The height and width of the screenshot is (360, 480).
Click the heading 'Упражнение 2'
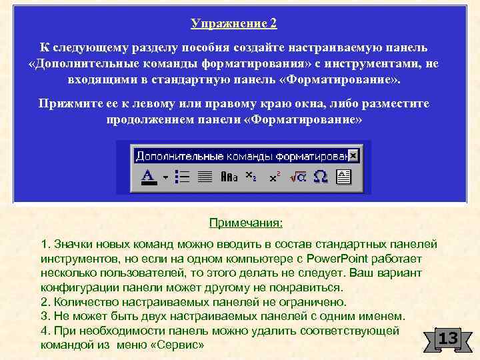233,24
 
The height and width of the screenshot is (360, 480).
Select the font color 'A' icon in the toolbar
147,177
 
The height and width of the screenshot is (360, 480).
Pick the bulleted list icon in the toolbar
181,177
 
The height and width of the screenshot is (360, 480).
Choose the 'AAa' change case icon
229,177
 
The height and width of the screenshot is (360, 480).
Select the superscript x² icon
274,177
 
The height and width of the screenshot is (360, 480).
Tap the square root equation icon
297,177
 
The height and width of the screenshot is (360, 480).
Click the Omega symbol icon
320,177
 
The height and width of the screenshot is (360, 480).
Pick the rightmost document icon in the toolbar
343,177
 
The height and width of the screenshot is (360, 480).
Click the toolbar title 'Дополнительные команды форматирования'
241,156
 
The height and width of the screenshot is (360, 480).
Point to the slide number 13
447,339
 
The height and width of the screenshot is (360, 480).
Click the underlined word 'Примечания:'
246,222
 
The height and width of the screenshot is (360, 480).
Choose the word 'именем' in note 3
384,316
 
